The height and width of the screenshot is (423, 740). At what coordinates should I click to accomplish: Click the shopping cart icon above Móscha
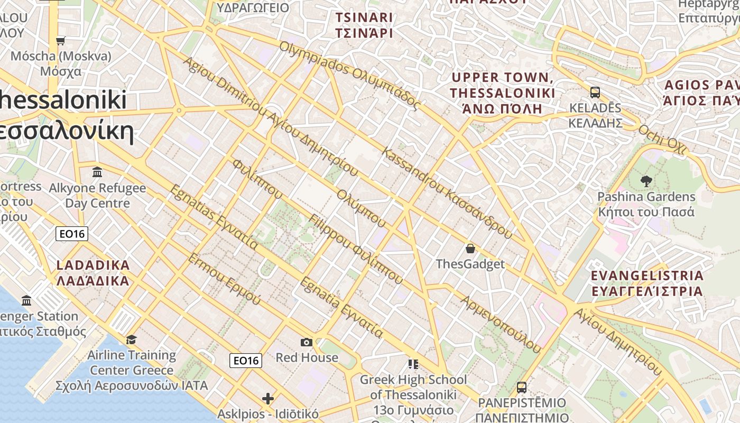(x=60, y=41)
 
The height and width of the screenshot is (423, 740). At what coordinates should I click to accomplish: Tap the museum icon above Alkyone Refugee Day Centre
(x=97, y=172)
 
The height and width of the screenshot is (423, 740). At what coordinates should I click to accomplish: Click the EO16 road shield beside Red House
(x=246, y=361)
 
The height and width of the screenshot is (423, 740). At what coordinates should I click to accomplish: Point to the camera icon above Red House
(x=307, y=342)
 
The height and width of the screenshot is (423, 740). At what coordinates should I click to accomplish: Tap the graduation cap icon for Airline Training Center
(x=131, y=339)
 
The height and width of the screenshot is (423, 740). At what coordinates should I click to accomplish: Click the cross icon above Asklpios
(x=268, y=398)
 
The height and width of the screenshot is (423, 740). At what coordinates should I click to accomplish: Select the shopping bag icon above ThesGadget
(x=470, y=248)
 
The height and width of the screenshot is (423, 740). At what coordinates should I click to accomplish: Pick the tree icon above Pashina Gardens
(x=646, y=181)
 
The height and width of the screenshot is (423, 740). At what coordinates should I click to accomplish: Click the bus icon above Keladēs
(x=595, y=93)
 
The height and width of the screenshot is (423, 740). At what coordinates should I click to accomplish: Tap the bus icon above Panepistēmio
(x=522, y=387)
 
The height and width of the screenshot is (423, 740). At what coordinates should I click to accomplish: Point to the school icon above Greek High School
(x=413, y=364)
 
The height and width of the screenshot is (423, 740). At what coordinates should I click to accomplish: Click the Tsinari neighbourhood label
(x=364, y=25)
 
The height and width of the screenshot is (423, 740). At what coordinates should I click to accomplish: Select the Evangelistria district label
(x=647, y=283)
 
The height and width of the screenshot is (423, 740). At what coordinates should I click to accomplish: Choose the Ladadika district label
(x=92, y=272)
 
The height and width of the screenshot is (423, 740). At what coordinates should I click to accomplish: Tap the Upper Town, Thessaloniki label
(x=502, y=93)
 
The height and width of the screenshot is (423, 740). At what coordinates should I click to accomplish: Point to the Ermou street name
(x=224, y=279)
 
